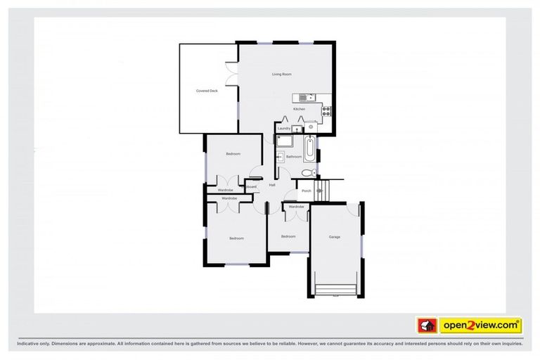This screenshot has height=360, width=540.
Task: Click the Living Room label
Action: click(282, 74)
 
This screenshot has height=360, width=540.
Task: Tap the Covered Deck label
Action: click(207, 91)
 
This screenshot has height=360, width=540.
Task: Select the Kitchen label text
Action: click(300, 110)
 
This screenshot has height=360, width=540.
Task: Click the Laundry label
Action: click(284, 129)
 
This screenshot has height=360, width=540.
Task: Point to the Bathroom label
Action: click(294, 156)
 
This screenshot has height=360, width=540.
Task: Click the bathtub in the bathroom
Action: click(310, 148)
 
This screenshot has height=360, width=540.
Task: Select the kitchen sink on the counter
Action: click(307, 97)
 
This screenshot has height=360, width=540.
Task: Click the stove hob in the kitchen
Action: click(326, 108)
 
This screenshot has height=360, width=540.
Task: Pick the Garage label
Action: click(335, 237)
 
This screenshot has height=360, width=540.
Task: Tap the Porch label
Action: click(306, 191)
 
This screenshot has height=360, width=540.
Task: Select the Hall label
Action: click(272, 185)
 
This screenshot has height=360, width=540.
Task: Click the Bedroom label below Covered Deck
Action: click(233, 154)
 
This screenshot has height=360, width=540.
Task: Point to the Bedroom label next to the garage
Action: click(288, 236)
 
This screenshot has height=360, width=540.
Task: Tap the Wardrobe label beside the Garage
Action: click(296, 207)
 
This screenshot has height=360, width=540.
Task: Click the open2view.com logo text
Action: click(480, 326)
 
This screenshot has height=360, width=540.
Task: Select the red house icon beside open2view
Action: click(426, 326)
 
